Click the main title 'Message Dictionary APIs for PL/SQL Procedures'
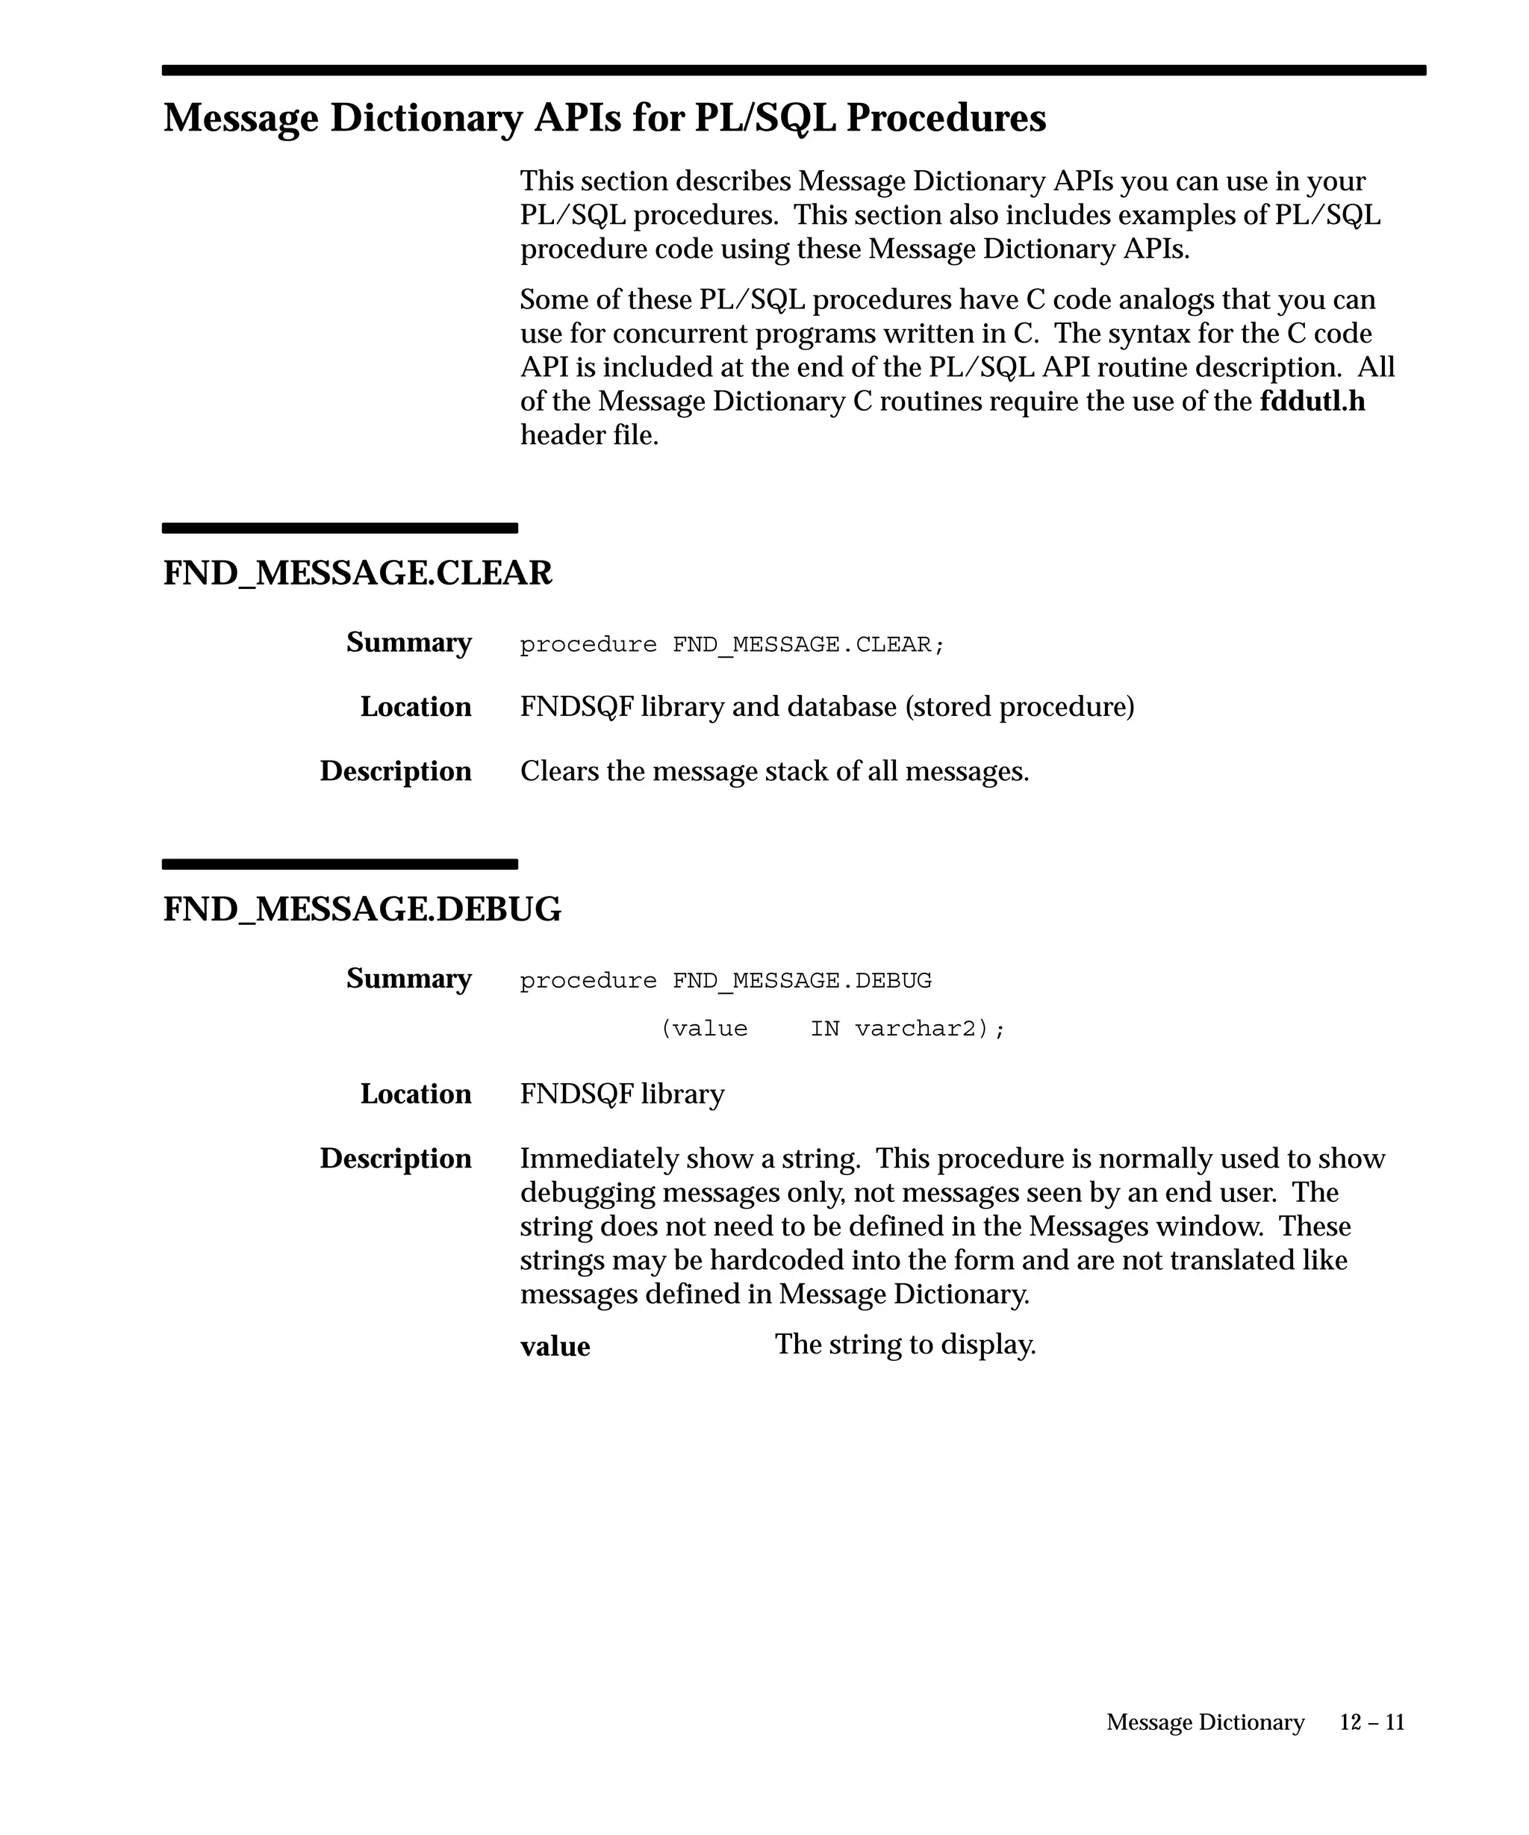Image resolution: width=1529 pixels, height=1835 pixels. click(x=604, y=118)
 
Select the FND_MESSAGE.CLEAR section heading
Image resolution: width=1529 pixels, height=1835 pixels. click(x=358, y=573)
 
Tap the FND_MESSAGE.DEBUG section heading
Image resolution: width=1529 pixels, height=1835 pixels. click(x=361, y=909)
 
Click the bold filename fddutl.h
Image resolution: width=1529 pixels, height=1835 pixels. click(x=1312, y=401)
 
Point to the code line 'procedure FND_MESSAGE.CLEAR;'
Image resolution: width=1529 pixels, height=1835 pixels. click(x=732, y=645)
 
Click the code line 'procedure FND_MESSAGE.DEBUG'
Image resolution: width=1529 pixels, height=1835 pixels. click(x=725, y=981)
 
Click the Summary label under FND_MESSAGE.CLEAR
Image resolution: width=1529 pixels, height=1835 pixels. click(x=408, y=642)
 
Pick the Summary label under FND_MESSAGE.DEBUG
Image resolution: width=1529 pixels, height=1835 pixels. click(x=408, y=979)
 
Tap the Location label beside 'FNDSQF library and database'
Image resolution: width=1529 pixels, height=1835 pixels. click(x=415, y=707)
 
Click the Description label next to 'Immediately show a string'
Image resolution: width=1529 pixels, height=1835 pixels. click(x=395, y=1159)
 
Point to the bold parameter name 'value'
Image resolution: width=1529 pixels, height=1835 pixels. click(x=555, y=1347)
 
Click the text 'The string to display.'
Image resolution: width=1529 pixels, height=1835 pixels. click(x=905, y=1344)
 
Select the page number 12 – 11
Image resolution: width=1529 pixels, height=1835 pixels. click(x=1371, y=1722)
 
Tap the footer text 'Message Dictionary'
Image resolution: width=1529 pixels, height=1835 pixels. click(x=1205, y=1722)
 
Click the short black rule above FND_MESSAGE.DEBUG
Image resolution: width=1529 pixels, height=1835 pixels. click(x=340, y=864)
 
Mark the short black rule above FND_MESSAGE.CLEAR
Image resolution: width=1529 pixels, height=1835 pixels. click(x=340, y=528)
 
